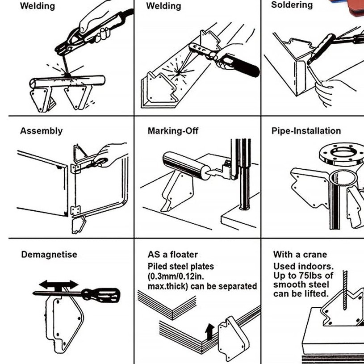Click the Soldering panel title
pos(292,5)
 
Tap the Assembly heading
pos(41,131)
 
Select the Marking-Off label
pos(173,131)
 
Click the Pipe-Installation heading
pos(306,131)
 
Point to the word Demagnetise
pos(49,255)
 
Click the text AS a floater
pos(172,255)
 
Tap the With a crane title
pos(300,255)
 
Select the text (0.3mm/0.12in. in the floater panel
pos(176,276)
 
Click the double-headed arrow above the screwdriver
pos(58,285)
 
